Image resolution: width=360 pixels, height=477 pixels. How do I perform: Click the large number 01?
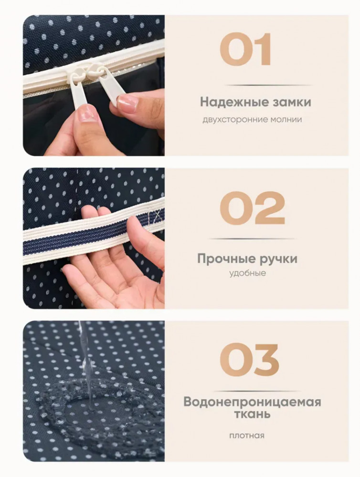click(245, 50)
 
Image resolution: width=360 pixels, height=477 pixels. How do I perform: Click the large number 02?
click(252, 208)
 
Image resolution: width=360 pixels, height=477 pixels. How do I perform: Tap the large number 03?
click(249, 360)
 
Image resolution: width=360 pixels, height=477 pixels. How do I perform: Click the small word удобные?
click(247, 273)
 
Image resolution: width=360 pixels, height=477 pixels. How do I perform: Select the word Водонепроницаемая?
click(252, 402)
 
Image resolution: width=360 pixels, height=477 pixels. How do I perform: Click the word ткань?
click(252, 415)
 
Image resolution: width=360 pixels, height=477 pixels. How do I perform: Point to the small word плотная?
click(247, 436)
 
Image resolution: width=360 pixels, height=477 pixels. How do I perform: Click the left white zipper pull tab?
click(79, 91)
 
